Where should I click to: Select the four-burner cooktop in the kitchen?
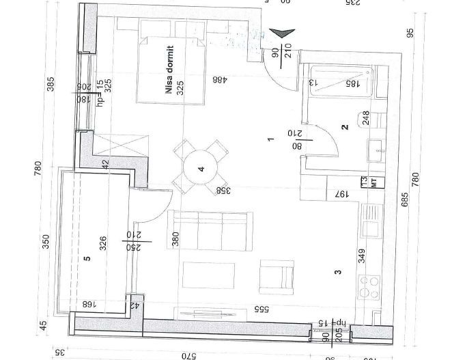click(371, 287)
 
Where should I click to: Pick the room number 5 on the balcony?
click(87, 259)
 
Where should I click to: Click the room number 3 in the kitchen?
click(337, 273)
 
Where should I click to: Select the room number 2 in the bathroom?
click(345, 127)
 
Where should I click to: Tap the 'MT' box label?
click(373, 181)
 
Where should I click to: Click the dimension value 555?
click(260, 309)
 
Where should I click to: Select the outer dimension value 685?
click(405, 198)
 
